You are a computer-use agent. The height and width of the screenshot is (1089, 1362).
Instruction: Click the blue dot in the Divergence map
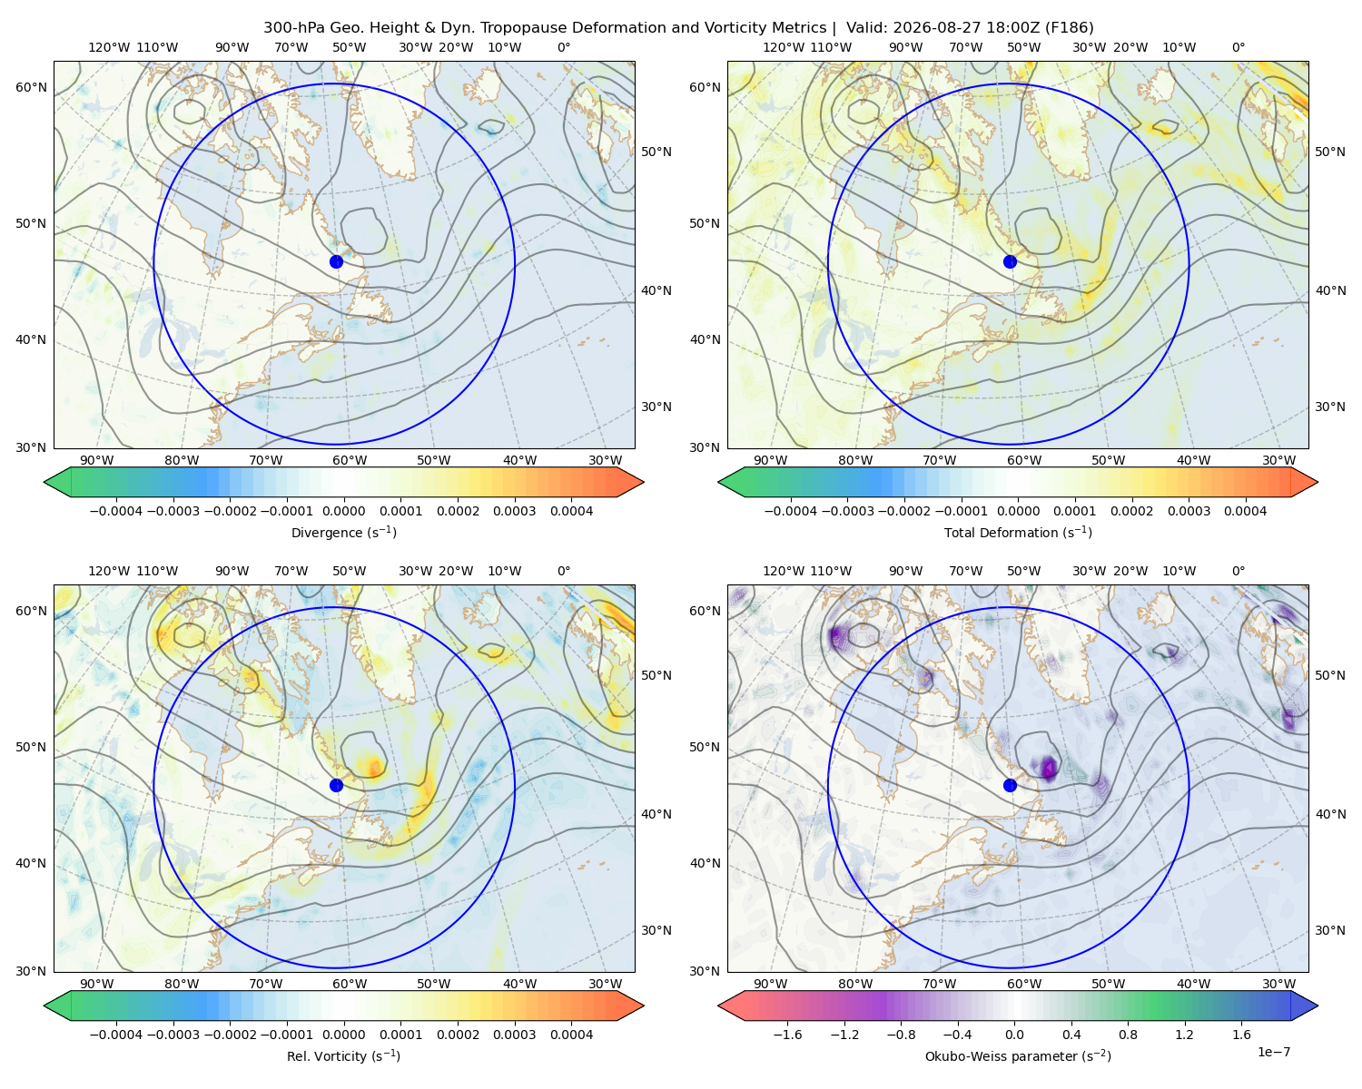[x=336, y=261]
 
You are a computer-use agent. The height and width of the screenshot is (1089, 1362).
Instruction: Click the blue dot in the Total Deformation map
[x=1010, y=261]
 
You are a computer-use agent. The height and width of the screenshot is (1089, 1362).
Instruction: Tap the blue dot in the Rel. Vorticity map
[x=336, y=785]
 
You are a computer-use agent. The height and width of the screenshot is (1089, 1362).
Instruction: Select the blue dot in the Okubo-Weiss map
[x=1010, y=785]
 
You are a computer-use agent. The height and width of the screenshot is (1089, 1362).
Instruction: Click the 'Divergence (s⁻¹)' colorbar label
[x=343, y=532]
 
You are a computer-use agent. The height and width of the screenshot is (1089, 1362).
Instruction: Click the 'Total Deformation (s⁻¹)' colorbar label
[x=1018, y=532]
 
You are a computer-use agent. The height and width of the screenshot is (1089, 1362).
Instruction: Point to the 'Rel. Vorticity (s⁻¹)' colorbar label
[x=343, y=1055]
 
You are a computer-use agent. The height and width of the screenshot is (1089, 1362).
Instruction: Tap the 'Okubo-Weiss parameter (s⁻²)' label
[x=1018, y=1055]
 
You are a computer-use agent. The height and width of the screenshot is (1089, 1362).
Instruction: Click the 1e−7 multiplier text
[x=1273, y=1052]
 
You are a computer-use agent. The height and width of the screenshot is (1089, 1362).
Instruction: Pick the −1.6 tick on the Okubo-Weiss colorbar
[x=787, y=1034]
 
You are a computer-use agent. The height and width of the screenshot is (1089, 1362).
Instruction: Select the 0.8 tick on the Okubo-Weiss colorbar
[x=1128, y=1034]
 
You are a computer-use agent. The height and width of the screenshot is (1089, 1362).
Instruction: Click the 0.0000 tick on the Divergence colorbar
[x=343, y=511]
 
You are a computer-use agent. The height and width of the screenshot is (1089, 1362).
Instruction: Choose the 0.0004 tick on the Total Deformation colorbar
[x=1245, y=511]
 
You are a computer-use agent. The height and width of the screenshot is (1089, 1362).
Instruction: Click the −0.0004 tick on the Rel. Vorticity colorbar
[x=116, y=1034]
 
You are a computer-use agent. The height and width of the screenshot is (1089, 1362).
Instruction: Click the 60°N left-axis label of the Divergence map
[x=31, y=87]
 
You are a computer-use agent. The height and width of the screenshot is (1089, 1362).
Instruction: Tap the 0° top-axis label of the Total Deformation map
[x=1238, y=47]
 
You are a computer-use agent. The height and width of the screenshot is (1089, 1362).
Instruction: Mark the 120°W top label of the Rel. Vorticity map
[x=109, y=570]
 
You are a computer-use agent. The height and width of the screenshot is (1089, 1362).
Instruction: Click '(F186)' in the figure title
[x=1069, y=27]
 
